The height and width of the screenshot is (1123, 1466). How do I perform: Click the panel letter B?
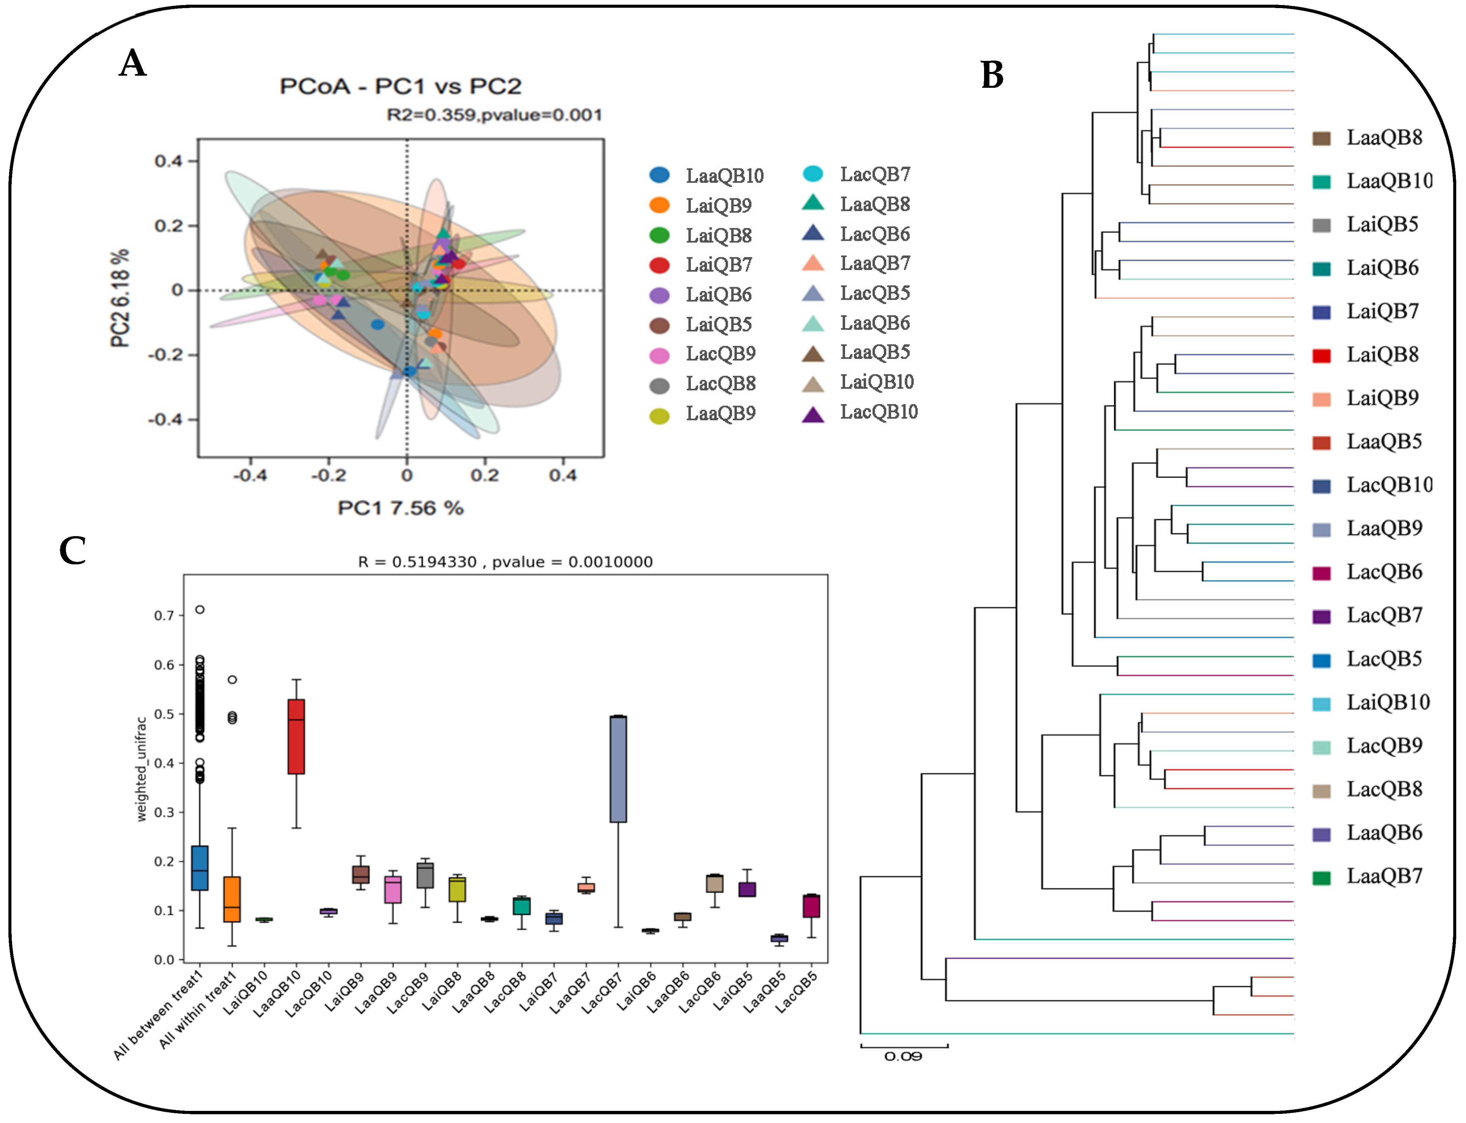pos(992,75)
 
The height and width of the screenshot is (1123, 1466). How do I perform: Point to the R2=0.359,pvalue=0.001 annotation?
pos(494,115)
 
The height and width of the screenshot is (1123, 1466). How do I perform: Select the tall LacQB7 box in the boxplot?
pos(618,769)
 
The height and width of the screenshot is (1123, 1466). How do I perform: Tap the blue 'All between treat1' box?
pos(199,868)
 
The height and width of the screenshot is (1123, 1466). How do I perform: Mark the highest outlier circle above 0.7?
pos(199,609)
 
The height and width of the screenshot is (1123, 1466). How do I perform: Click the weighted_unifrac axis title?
pos(141,769)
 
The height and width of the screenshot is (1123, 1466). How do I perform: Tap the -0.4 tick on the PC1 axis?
pos(250,475)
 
